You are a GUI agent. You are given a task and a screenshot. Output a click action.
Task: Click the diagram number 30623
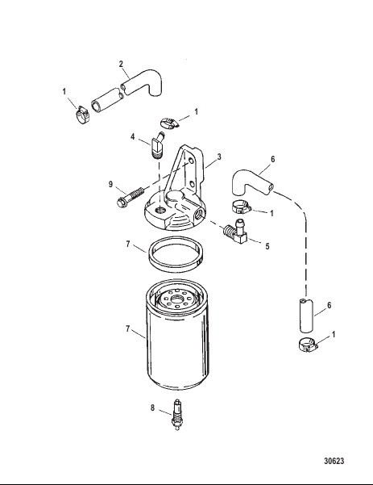pos(334,461)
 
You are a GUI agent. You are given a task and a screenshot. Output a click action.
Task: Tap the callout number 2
pos(121,64)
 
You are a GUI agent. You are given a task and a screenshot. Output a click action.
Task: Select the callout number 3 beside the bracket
pos(219,157)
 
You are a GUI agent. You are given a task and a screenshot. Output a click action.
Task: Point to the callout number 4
pos(132,136)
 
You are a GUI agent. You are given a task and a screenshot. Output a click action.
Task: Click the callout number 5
pos(267,246)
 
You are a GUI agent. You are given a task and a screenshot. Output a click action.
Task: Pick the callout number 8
pos(152,408)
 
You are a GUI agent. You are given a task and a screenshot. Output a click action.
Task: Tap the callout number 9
pos(110,184)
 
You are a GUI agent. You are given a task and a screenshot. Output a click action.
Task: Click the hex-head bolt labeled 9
pos(131,198)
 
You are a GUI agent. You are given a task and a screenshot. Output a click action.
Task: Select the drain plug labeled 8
pos(177,415)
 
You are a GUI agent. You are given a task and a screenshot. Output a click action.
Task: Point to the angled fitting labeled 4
pos(158,145)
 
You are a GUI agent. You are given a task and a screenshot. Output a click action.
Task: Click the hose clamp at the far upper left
pos(83,115)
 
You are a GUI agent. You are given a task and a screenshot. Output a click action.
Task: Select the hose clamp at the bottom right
pos(308,345)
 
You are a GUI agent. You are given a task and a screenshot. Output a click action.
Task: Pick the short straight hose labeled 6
pos(306,316)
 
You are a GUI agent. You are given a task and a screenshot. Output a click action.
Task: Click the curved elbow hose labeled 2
pos(143,82)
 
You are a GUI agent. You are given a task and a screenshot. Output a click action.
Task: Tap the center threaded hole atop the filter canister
pos(177,299)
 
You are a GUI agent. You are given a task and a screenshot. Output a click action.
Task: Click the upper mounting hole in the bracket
pos(191,161)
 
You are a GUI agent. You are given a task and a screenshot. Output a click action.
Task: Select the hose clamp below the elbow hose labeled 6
pos(242,207)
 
